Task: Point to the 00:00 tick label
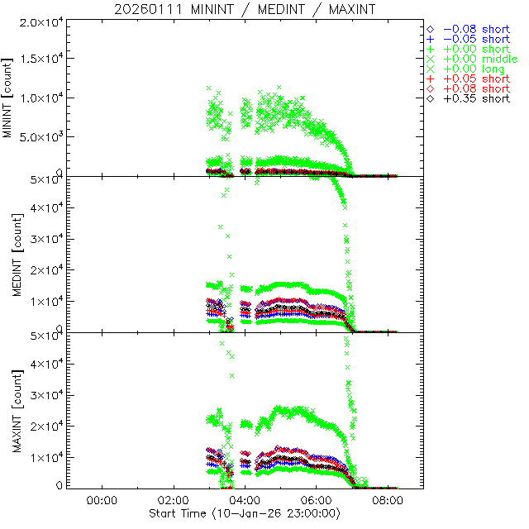click(x=100, y=501)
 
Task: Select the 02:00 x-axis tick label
click(x=172, y=501)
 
